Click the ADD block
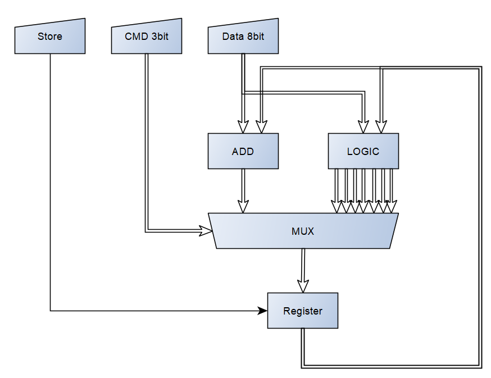coord(243,151)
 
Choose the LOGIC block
coord(363,151)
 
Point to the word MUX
coord(302,231)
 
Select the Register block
coord(302,311)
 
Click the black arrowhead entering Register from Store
coord(262,311)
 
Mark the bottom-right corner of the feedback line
coord(480,367)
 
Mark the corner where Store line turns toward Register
coord(51,311)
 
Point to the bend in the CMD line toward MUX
coord(147,230)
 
